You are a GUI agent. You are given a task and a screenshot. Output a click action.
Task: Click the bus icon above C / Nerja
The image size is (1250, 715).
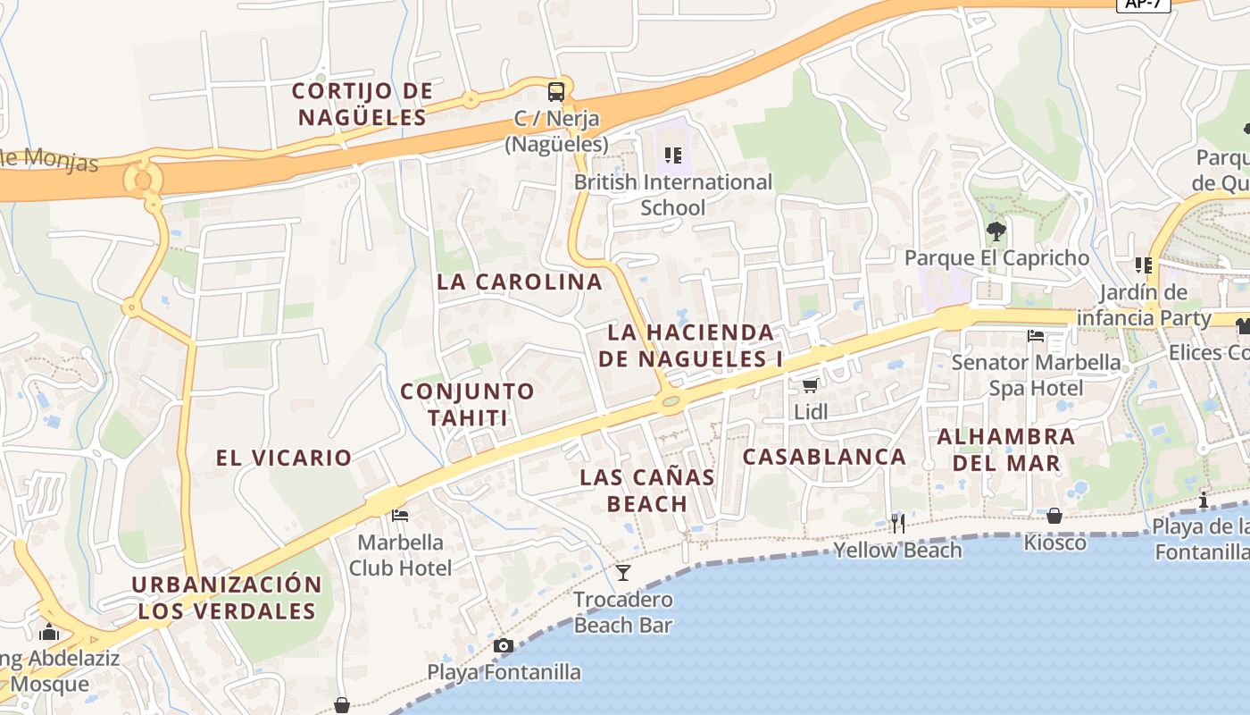click(555, 91)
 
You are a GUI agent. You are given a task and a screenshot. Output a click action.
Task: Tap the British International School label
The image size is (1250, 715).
click(673, 195)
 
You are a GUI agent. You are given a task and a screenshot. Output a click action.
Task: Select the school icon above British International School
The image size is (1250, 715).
click(673, 156)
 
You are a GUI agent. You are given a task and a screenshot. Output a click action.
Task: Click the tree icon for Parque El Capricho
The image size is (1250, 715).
click(996, 231)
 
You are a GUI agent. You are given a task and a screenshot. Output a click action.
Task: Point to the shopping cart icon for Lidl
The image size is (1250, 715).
click(810, 385)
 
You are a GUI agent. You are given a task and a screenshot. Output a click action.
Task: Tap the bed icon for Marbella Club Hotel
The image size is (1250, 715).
click(400, 515)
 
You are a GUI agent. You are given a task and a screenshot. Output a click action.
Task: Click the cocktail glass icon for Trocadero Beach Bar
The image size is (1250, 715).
click(623, 572)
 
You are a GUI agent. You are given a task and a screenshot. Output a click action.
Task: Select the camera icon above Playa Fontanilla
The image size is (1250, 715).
click(504, 645)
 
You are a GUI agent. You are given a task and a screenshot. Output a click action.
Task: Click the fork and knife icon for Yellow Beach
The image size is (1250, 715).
click(898, 523)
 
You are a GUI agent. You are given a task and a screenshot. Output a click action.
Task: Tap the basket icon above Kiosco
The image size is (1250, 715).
click(1054, 516)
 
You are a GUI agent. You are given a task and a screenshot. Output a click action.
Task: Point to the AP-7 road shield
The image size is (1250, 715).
click(1144, 4)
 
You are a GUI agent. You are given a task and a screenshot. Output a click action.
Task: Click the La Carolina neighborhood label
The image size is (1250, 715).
click(520, 282)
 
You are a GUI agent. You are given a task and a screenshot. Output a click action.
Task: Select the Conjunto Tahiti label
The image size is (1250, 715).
click(467, 404)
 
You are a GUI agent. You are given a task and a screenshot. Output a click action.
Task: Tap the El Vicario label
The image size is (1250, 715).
click(284, 458)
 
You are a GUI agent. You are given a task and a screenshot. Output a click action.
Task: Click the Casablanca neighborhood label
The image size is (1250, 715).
click(824, 457)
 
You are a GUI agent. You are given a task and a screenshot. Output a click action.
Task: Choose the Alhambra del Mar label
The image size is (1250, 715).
click(1006, 450)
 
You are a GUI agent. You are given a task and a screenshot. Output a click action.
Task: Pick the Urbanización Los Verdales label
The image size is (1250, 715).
click(227, 598)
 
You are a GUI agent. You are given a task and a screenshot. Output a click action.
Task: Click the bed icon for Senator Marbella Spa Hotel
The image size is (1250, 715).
click(1036, 336)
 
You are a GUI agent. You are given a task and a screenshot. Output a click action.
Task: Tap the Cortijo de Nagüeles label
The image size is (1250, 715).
click(362, 104)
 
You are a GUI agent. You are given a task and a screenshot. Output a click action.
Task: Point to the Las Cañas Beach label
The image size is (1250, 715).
click(647, 490)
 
